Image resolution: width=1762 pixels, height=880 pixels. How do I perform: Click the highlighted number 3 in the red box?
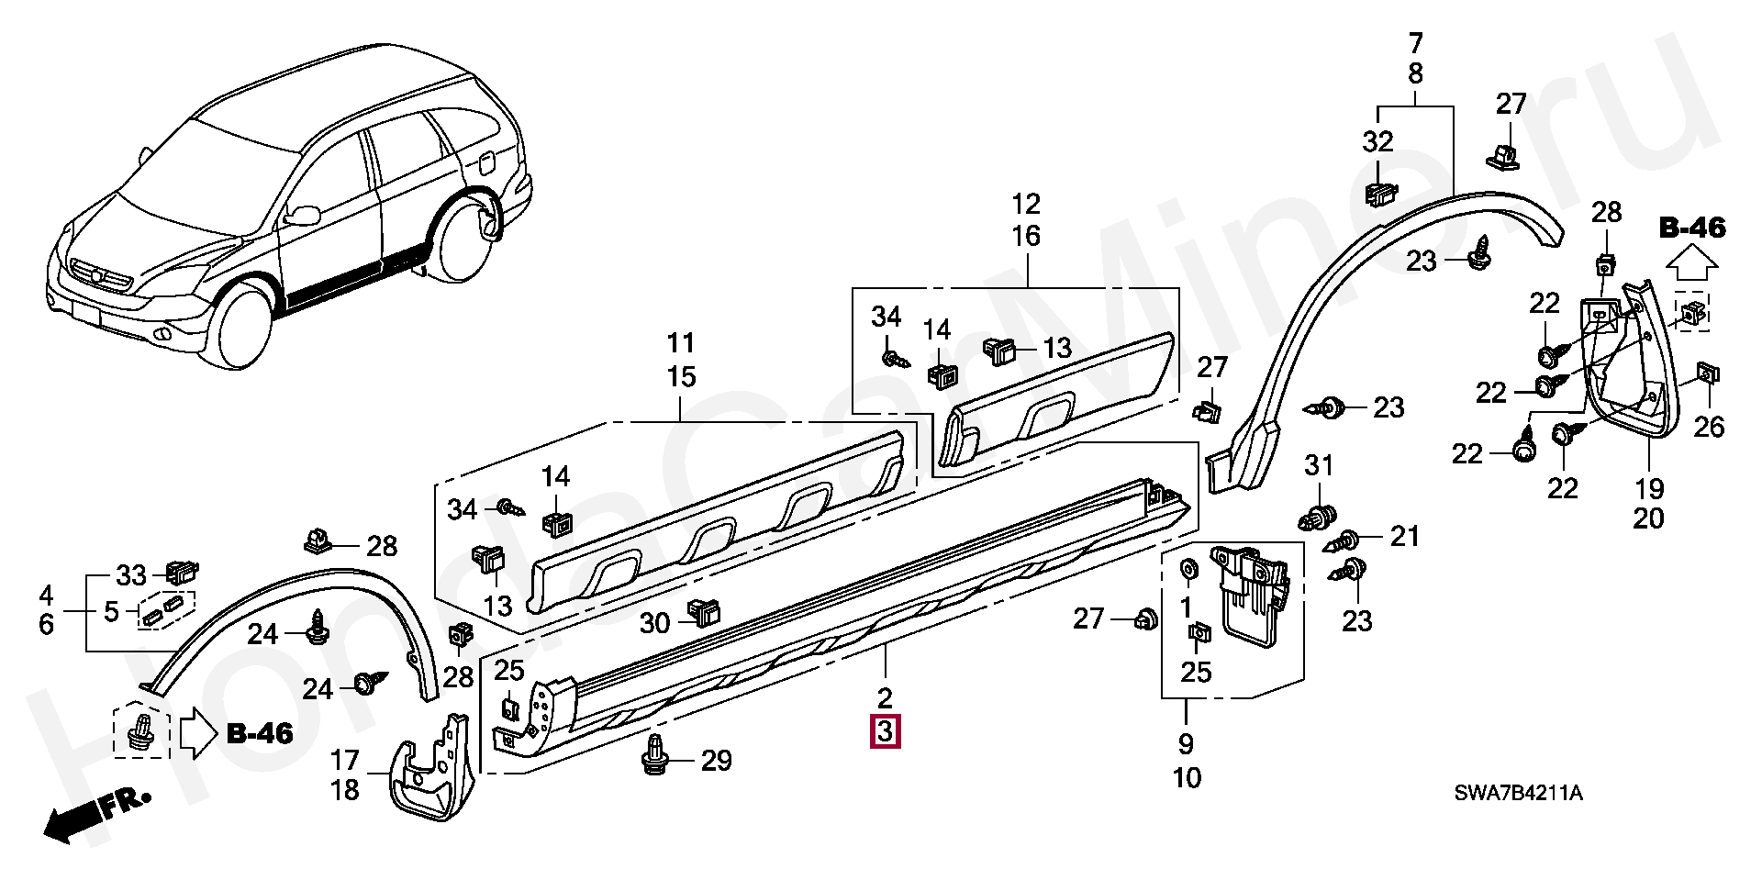(886, 731)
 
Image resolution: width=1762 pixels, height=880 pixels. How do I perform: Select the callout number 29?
(717, 760)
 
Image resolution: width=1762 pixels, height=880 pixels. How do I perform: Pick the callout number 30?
(654, 624)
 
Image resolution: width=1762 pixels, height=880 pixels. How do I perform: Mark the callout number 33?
(131, 575)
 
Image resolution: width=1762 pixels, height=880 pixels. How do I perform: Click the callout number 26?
(1710, 427)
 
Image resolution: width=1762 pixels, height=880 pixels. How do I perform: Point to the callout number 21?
(1404, 537)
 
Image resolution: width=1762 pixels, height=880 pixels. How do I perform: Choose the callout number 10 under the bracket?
(1186, 778)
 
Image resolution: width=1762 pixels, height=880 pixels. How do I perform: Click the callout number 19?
(1649, 488)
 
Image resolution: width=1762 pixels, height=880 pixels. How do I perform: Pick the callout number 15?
(681, 376)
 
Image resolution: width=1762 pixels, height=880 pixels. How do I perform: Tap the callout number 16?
(1026, 236)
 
